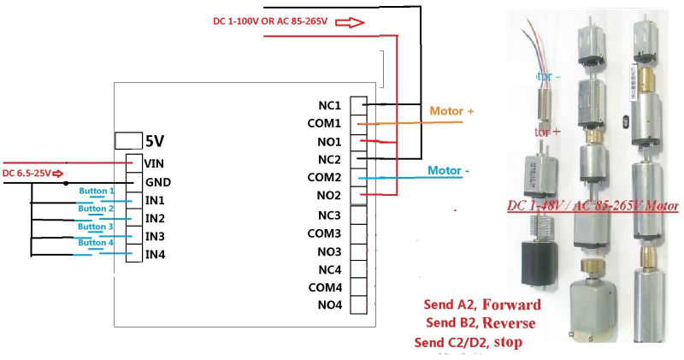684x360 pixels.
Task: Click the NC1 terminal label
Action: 329,105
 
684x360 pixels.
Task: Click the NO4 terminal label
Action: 329,305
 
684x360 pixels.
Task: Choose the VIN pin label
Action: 155,162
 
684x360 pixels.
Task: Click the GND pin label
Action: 156,181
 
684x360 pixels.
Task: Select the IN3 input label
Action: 155,236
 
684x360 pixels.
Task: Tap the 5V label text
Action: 155,140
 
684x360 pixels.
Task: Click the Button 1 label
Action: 96,190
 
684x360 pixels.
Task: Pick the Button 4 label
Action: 96,242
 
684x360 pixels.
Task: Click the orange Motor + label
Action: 451,111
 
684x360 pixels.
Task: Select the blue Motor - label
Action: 448,170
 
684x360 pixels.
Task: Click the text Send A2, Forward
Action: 482,305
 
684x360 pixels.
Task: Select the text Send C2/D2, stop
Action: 468,342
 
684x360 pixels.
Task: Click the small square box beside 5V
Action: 127,140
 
